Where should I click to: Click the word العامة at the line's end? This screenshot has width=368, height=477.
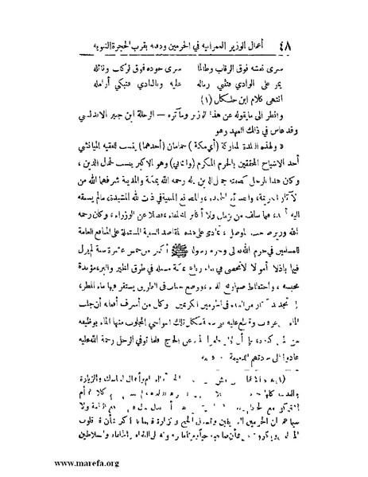click(x=59, y=221)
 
